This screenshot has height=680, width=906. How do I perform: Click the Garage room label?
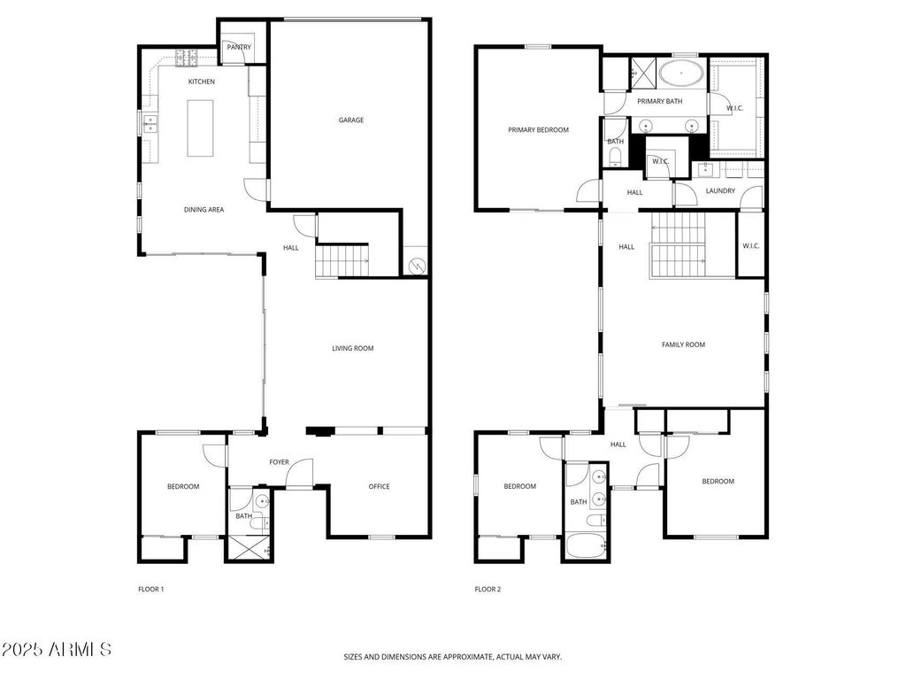[x=350, y=120]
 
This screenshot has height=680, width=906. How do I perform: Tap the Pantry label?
[x=239, y=47]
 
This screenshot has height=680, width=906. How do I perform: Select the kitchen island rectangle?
[x=200, y=127]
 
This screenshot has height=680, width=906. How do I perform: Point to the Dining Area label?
[x=203, y=209]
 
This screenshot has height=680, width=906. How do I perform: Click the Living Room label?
[x=352, y=348]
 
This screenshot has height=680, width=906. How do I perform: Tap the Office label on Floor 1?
[x=379, y=486]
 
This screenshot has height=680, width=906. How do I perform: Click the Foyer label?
[x=279, y=462]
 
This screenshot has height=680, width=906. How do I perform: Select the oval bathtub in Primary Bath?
[x=682, y=74]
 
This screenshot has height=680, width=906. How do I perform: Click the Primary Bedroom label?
[x=538, y=129]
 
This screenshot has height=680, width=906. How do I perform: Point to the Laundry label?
[x=720, y=190]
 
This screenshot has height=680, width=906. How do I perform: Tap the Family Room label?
[x=683, y=344]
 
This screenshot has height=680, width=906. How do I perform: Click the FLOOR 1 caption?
[x=150, y=589]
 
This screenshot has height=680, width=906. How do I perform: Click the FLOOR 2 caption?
[x=488, y=589]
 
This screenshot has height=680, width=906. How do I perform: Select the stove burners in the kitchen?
[x=187, y=58]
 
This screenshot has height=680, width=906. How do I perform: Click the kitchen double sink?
[x=150, y=124]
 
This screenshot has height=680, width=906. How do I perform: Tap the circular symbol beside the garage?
[x=416, y=266]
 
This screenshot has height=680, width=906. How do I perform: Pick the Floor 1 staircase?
[x=342, y=261]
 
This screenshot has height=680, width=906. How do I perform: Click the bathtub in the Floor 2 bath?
[x=586, y=545]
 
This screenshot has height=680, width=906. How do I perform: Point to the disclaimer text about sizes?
[x=452, y=657]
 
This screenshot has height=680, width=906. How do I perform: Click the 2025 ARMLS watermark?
[x=56, y=649]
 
